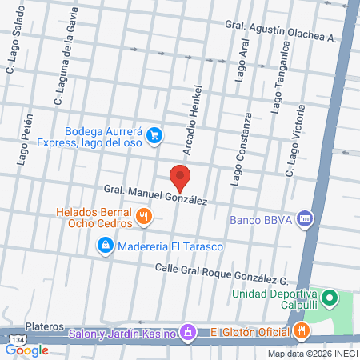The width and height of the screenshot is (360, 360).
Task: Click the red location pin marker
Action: (180, 177)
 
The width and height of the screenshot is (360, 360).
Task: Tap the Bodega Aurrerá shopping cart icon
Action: (156, 136)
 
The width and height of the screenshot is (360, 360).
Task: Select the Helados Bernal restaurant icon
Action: (143, 215)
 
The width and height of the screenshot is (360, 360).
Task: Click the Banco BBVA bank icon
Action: (303, 218)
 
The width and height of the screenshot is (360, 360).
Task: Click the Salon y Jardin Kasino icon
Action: (187, 331)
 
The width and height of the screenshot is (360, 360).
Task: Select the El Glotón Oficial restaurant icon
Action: (300, 330)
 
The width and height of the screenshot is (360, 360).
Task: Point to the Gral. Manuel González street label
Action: (155, 195)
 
